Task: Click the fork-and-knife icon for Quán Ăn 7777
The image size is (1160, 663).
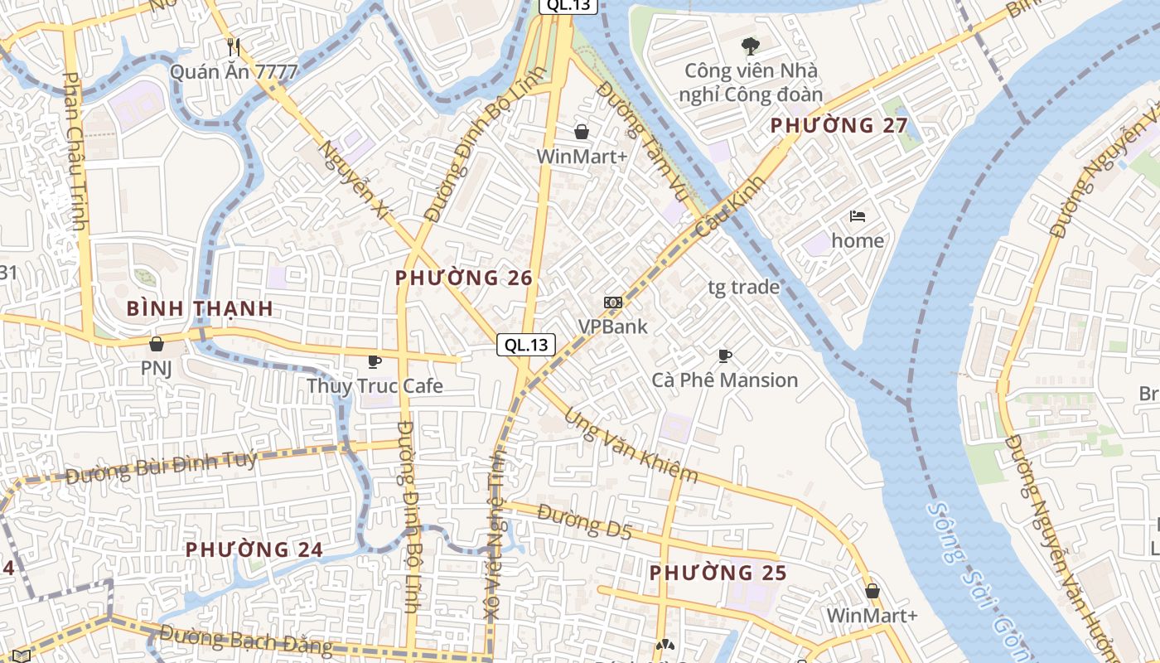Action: pos(234,47)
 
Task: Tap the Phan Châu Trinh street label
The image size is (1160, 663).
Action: pos(75,151)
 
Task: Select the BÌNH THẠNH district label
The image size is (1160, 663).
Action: pos(200,309)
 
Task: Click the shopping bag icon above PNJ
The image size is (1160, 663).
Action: pos(156,343)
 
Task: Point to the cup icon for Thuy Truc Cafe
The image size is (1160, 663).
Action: pos(375,361)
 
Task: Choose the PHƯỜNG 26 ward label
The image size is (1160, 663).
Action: pos(464,278)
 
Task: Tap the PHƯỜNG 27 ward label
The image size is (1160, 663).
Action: pos(839,126)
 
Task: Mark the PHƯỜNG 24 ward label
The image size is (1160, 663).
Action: pos(254,549)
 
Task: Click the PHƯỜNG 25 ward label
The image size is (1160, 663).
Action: pos(718,573)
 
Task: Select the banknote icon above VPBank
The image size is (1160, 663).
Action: pos(613,302)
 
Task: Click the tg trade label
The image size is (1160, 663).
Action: pos(744,288)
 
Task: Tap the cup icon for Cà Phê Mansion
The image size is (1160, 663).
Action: pos(725,356)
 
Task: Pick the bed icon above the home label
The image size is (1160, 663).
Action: pos(858,216)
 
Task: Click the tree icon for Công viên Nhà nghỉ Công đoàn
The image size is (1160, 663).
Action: pos(751,46)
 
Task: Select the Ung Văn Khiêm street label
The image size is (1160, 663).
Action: pos(631,444)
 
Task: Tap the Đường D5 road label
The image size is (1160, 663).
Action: pos(584,522)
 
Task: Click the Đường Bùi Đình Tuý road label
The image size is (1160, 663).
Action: pos(161,468)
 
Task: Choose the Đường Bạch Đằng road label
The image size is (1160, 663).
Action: pos(245,641)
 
